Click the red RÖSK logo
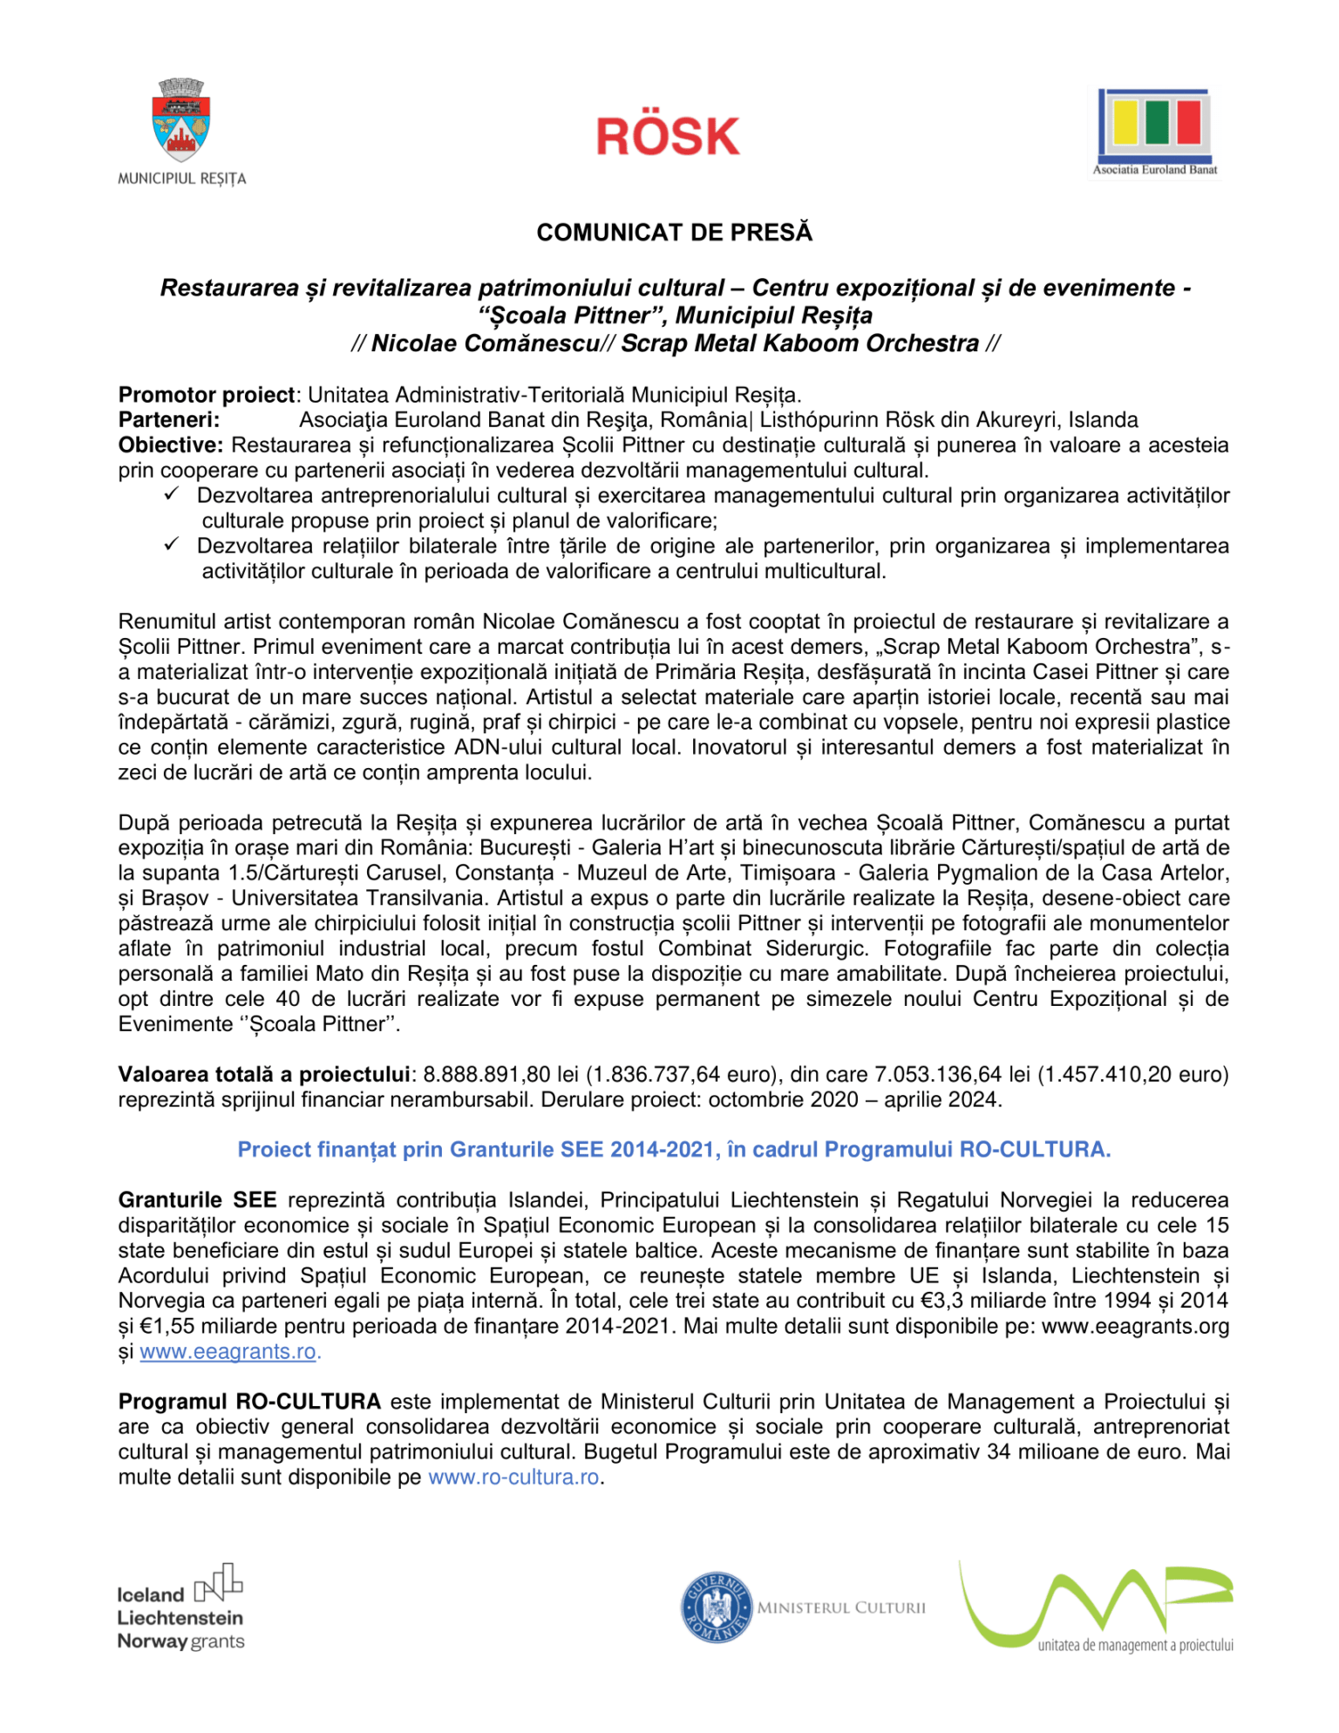pos(668,137)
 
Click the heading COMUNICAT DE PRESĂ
pos(674,233)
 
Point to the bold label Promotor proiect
pos(207,395)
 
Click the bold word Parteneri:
pos(169,420)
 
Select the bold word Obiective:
pos(171,445)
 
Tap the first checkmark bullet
pos(172,494)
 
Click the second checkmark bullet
pos(172,545)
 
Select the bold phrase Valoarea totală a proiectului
pos(263,1075)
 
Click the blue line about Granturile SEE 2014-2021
pos(674,1150)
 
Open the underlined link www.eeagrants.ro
pos(228,1352)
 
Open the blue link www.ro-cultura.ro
pos(513,1478)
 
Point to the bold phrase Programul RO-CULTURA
pos(249,1402)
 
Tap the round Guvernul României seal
pos(716,1607)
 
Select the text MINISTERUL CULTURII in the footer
pos(841,1608)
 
